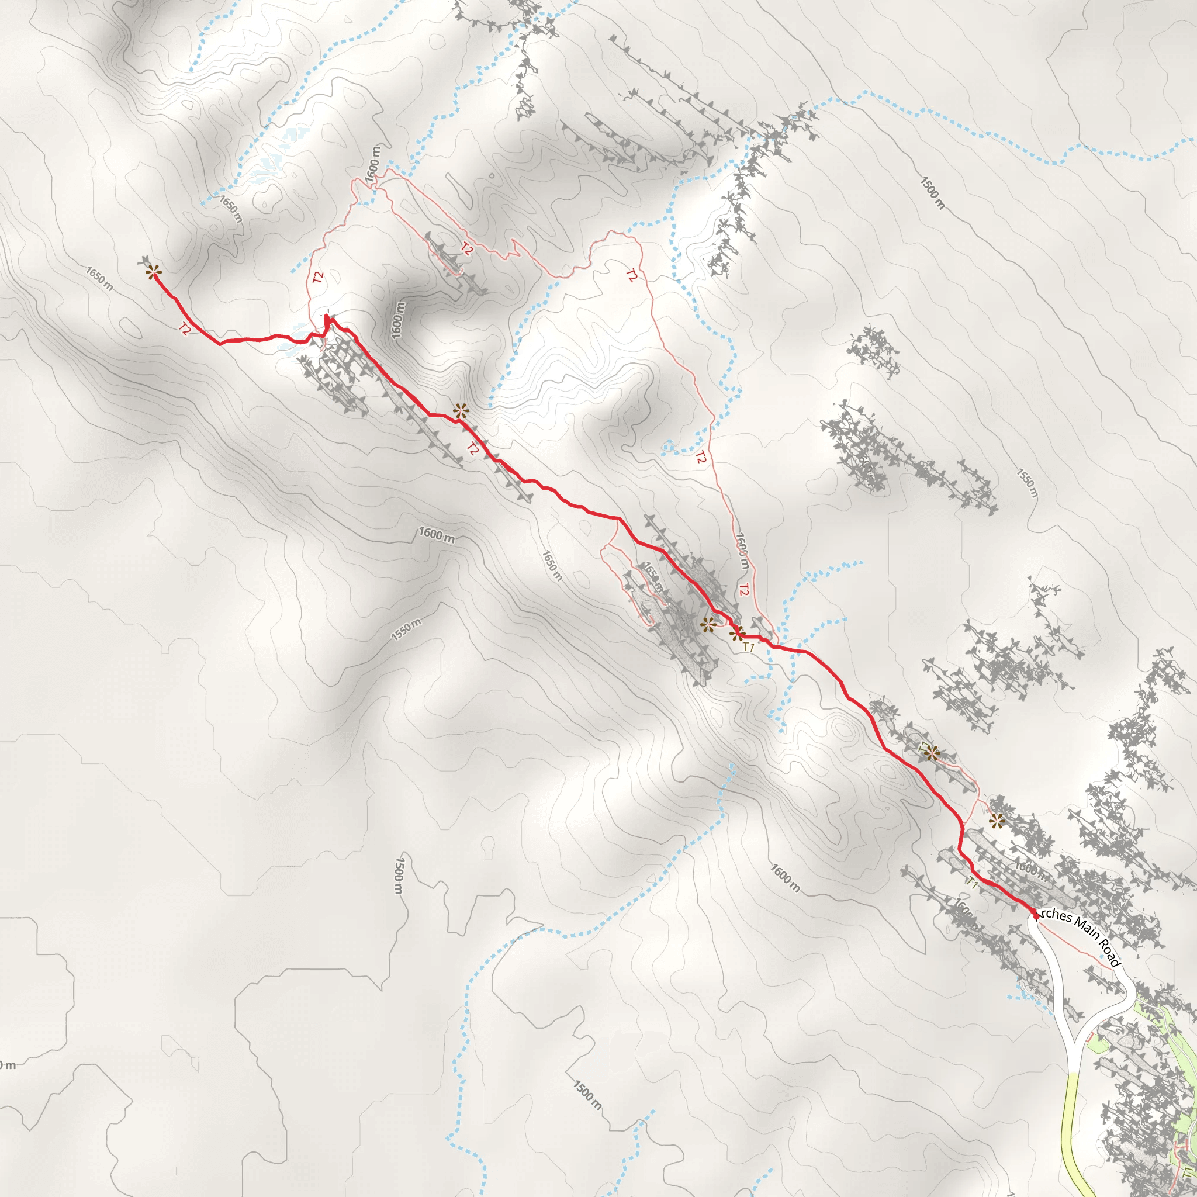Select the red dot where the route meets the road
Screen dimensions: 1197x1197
pyautogui.click(x=1035, y=915)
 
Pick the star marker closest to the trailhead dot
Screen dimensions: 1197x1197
pyautogui.click(x=997, y=822)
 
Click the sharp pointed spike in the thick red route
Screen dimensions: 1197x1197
pyautogui.click(x=327, y=319)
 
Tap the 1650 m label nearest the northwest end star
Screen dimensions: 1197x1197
pyautogui.click(x=99, y=278)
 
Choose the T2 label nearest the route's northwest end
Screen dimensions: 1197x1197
pyautogui.click(x=184, y=329)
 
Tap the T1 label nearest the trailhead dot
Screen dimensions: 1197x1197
pyautogui.click(x=972, y=884)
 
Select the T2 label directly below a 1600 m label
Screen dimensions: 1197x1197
pyautogui.click(x=744, y=590)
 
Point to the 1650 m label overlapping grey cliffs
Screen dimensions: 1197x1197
pyautogui.click(x=651, y=577)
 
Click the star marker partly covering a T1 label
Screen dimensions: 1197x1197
pyautogui.click(x=931, y=753)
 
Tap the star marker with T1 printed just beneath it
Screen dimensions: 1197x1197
pyautogui.click(x=736, y=633)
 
